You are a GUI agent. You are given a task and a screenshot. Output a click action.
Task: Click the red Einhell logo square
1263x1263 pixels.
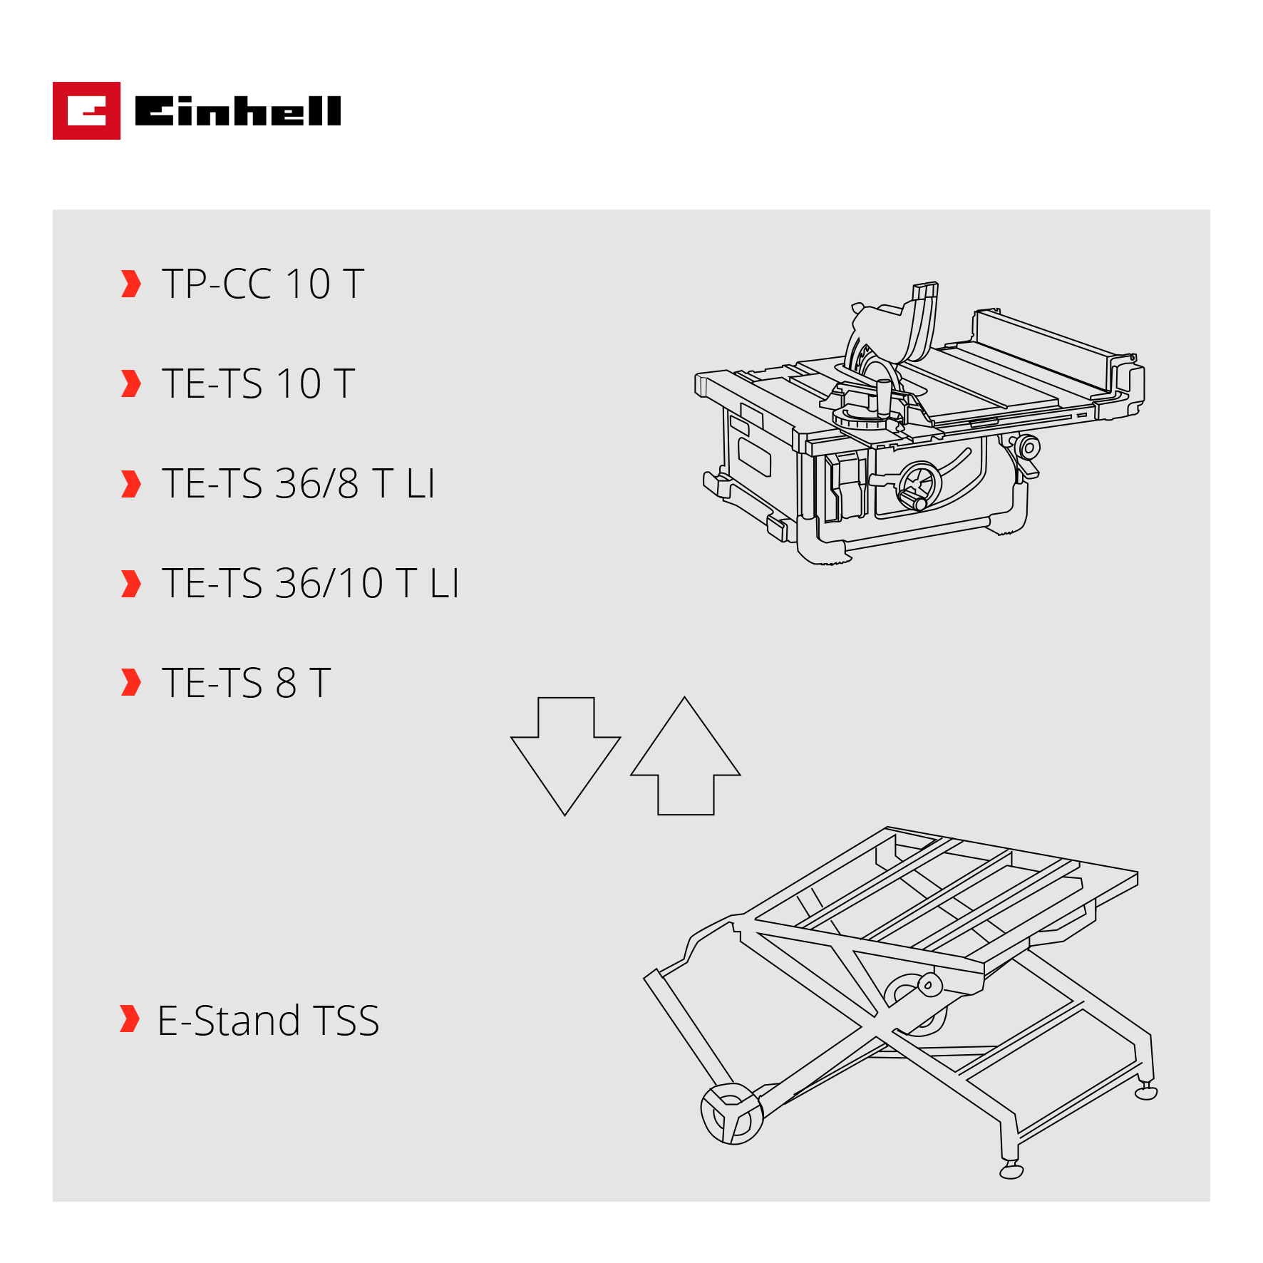click(86, 110)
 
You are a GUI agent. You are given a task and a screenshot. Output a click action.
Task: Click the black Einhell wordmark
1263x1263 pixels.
click(238, 110)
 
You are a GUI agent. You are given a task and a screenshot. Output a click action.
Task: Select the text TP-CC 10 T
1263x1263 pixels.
click(263, 284)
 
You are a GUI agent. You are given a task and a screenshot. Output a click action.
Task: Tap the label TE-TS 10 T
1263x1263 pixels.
click(258, 383)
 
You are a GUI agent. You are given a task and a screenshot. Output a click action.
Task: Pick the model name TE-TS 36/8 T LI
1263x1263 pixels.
click(298, 483)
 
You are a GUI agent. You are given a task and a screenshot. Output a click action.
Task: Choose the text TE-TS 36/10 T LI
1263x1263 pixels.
click(310, 583)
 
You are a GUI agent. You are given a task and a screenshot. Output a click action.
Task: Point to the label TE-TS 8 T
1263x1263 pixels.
click(246, 683)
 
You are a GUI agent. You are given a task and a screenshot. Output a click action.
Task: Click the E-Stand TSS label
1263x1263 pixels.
click(268, 1020)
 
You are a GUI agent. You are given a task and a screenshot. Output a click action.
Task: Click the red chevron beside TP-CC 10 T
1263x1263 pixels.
click(131, 284)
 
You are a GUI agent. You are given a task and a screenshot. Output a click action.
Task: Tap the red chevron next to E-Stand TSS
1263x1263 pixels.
click(130, 1019)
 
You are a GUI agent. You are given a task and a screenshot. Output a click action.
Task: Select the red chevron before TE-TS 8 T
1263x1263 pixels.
click(131, 682)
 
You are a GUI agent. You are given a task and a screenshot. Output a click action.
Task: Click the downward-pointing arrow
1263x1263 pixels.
click(566, 756)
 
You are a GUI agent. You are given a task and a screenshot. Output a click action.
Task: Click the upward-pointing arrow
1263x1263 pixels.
click(686, 756)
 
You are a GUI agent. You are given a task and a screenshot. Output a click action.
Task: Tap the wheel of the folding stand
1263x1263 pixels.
click(732, 1114)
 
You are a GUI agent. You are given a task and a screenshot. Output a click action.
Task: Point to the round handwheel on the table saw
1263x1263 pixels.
click(919, 485)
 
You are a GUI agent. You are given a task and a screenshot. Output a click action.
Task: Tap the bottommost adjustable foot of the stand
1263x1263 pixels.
click(1011, 1171)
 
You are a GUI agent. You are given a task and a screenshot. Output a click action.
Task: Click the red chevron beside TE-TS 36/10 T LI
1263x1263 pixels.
click(131, 583)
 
